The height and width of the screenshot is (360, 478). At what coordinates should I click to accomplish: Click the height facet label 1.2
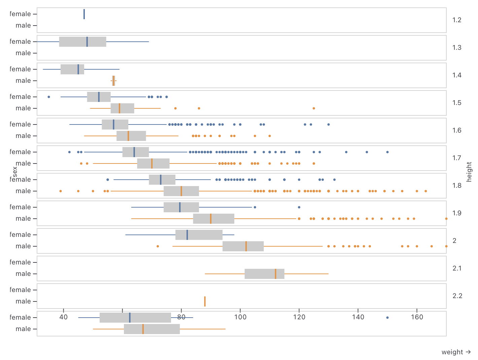pyautogui.click(x=456, y=20)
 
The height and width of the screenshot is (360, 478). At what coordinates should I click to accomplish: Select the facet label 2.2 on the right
pyautogui.click(x=457, y=296)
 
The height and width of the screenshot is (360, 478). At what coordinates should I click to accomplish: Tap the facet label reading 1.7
pyautogui.click(x=456, y=158)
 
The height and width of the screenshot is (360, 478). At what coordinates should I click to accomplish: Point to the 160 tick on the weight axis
pyautogui.click(x=417, y=317)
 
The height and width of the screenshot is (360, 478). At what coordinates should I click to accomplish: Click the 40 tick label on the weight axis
pyautogui.click(x=63, y=317)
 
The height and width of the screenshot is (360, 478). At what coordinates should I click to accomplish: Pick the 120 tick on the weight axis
pyautogui.click(x=299, y=317)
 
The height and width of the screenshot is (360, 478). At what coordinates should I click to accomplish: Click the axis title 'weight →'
pyautogui.click(x=456, y=352)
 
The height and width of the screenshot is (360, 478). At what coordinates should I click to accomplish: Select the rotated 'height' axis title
pyautogui.click(x=469, y=172)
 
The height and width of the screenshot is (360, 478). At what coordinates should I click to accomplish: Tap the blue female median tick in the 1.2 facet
pyautogui.click(x=84, y=14)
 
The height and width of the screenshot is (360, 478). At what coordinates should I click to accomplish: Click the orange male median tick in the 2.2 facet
pyautogui.click(x=205, y=301)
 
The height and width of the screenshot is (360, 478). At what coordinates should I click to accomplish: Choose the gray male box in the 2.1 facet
pyautogui.click(x=264, y=274)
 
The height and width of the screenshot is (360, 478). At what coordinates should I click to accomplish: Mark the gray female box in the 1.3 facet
pyautogui.click(x=82, y=42)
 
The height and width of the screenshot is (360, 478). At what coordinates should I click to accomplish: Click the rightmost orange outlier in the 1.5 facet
pyautogui.click(x=314, y=108)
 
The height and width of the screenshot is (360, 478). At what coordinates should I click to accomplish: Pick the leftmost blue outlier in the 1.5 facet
pyautogui.click(x=49, y=97)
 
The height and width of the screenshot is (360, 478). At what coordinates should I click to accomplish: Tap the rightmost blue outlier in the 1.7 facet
pyautogui.click(x=387, y=152)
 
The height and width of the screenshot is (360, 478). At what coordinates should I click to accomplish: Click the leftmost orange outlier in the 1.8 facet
pyautogui.click(x=61, y=191)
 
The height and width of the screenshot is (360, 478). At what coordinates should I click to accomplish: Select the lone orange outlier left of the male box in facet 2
pyautogui.click(x=158, y=246)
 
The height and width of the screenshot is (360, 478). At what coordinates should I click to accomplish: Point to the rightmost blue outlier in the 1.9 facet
pyautogui.click(x=299, y=207)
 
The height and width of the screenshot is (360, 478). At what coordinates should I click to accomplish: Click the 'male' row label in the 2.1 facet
pyautogui.click(x=23, y=274)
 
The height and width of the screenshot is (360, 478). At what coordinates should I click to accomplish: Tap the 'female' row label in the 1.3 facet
pyautogui.click(x=20, y=42)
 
